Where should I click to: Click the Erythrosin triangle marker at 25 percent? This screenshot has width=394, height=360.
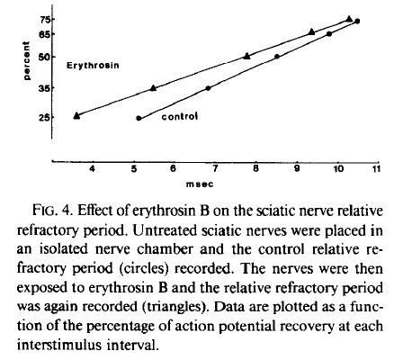[x=76, y=115]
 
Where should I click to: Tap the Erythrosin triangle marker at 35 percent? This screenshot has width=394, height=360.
[x=153, y=88]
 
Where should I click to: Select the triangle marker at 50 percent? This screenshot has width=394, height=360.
[x=246, y=56]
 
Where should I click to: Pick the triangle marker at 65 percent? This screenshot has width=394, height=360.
[x=311, y=31]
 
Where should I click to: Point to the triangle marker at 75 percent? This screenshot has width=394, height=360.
[x=349, y=19]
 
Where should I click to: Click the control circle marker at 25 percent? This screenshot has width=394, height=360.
[x=139, y=118]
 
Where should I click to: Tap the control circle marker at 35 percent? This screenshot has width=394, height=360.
[x=208, y=88]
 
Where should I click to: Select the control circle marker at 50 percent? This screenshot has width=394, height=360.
[x=277, y=57]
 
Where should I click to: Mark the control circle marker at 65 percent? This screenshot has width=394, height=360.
[x=329, y=34]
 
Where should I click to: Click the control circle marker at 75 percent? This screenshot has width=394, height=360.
[x=357, y=21]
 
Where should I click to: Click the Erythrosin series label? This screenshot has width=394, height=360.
[x=93, y=66]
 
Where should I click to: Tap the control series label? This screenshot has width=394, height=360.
[x=180, y=116]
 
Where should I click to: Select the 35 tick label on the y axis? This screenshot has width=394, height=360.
[x=44, y=88]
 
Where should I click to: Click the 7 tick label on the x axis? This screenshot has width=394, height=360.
[x=215, y=169]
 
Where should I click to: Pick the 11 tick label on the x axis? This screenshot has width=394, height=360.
[x=376, y=169]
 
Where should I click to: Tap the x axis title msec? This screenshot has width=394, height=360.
[x=200, y=184]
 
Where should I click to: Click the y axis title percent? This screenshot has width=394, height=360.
[x=27, y=60]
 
